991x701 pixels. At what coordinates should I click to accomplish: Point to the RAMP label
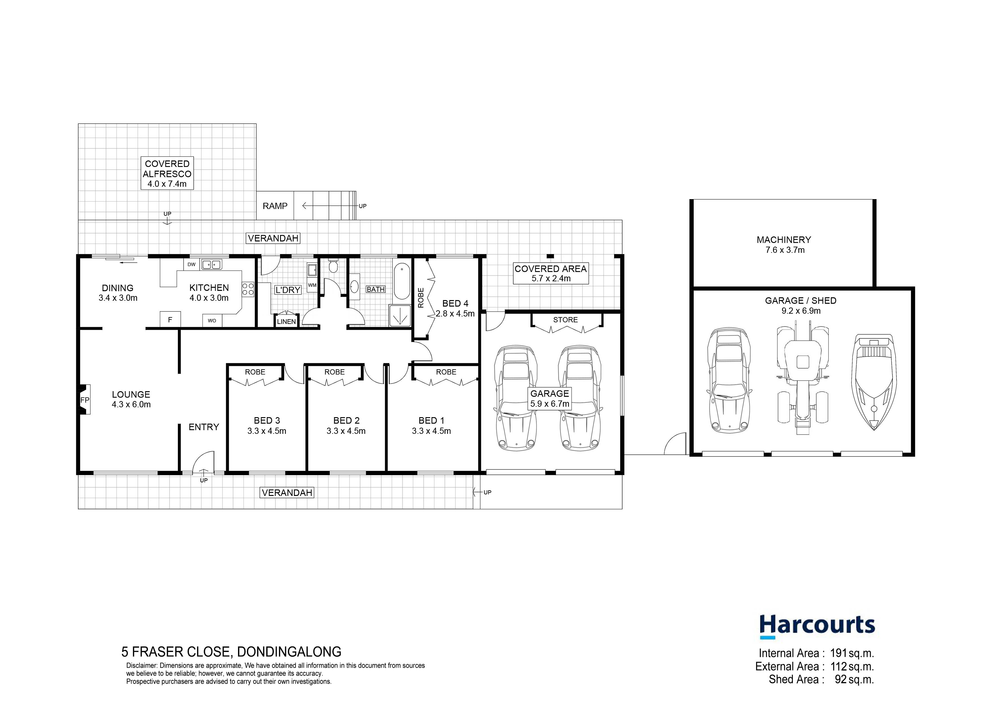[275, 206]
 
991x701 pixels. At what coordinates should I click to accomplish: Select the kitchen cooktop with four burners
[248, 289]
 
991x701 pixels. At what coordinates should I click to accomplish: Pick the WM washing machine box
[312, 285]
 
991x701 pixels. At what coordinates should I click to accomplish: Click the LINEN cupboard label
[287, 322]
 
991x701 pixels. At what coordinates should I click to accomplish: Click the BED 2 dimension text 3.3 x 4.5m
[346, 431]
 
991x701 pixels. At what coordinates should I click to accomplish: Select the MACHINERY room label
[784, 240]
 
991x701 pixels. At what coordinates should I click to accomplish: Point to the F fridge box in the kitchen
[170, 320]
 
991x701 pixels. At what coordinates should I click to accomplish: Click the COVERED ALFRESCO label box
[167, 173]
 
